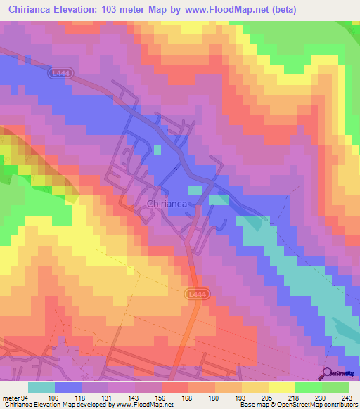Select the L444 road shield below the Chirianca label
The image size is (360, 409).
click(x=198, y=294)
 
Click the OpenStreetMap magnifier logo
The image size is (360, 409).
click(x=327, y=373)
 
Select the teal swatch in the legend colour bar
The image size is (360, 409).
click(x=41, y=387)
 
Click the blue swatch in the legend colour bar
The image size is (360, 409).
click(x=68, y=387)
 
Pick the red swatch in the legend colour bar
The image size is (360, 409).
click(x=175, y=387)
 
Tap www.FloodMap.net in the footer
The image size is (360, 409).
click(x=143, y=404)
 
